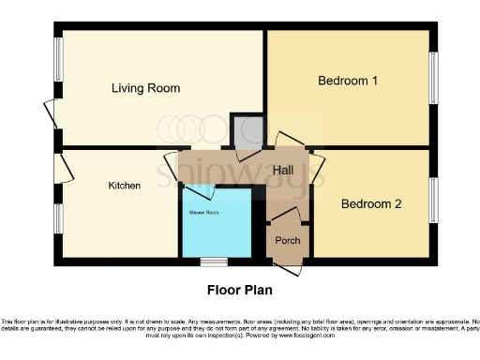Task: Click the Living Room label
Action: coord(145,88)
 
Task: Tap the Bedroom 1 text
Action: coord(348,81)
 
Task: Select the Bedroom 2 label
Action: coord(371,203)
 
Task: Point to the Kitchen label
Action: coord(124,186)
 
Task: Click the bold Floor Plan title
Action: coord(240,290)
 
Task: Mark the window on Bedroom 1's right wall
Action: coord(432,77)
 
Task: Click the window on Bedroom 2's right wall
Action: coord(432,199)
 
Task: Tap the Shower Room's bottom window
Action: coord(217,261)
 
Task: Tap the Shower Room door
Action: coord(198,193)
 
